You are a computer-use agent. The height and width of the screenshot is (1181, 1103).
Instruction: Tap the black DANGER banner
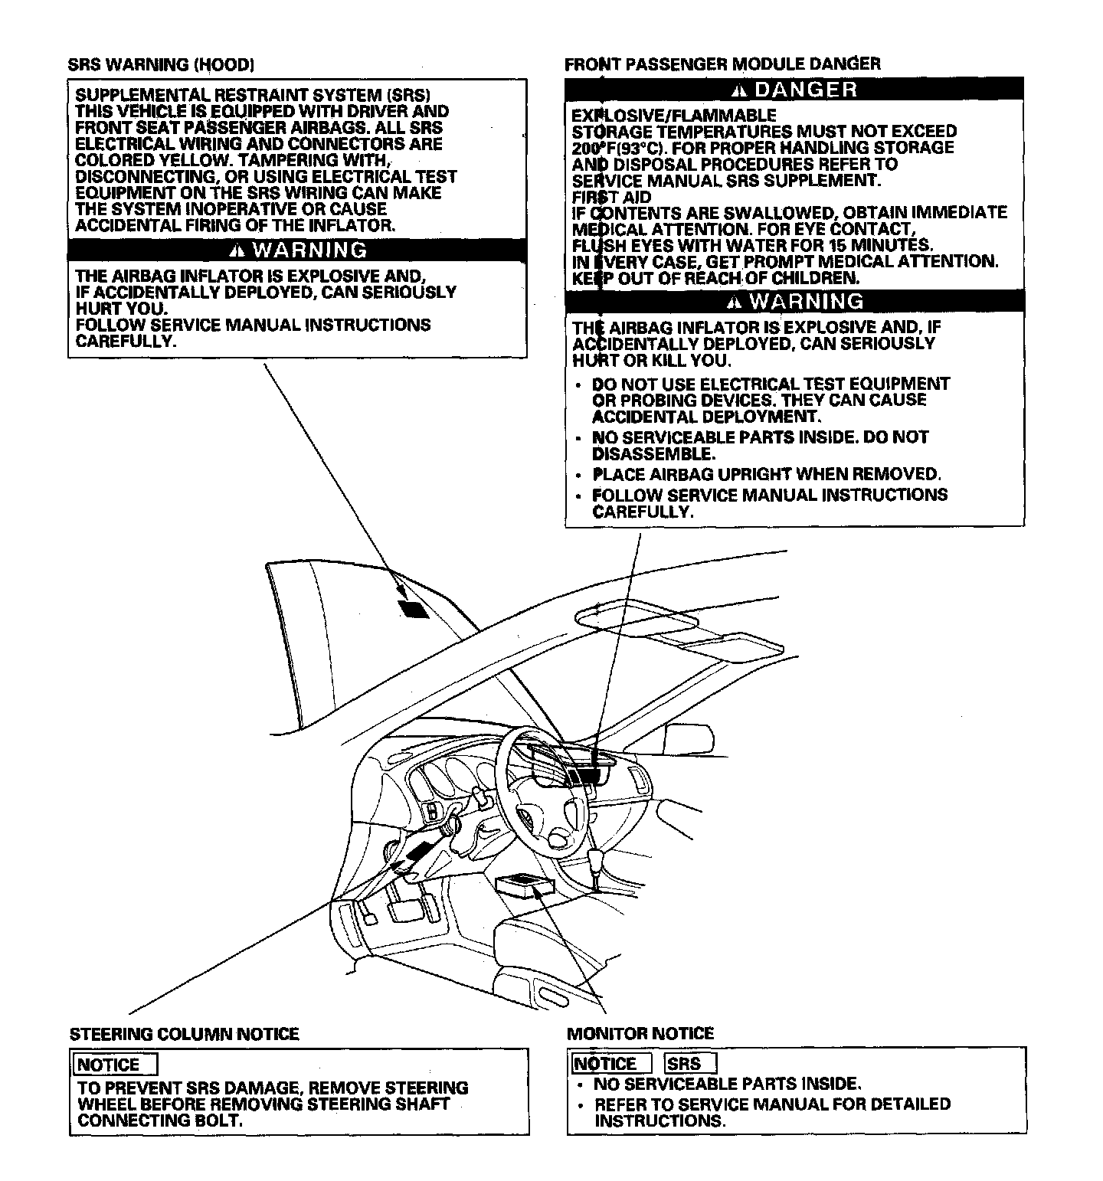click(x=794, y=90)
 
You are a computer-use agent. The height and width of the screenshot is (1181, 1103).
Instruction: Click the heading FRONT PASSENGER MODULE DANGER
click(x=722, y=64)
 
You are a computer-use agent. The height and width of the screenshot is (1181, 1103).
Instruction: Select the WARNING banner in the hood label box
click(x=297, y=250)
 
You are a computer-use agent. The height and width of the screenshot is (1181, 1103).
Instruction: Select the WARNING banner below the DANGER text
click(x=794, y=301)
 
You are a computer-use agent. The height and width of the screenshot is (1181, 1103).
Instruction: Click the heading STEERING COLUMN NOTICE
click(x=184, y=1035)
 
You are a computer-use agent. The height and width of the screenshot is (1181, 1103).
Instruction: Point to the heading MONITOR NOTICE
click(x=640, y=1033)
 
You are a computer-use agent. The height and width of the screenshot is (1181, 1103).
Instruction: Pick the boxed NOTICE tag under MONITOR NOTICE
click(x=610, y=1064)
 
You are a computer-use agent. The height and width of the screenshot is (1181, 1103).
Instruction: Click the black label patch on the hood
click(x=412, y=608)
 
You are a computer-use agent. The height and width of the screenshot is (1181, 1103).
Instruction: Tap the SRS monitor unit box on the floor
click(x=525, y=886)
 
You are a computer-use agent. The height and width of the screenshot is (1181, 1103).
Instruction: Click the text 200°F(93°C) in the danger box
click(x=617, y=148)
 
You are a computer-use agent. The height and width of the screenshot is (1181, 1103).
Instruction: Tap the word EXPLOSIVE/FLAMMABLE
click(x=673, y=116)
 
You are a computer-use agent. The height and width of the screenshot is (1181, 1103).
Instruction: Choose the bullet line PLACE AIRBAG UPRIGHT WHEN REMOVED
click(x=766, y=474)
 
